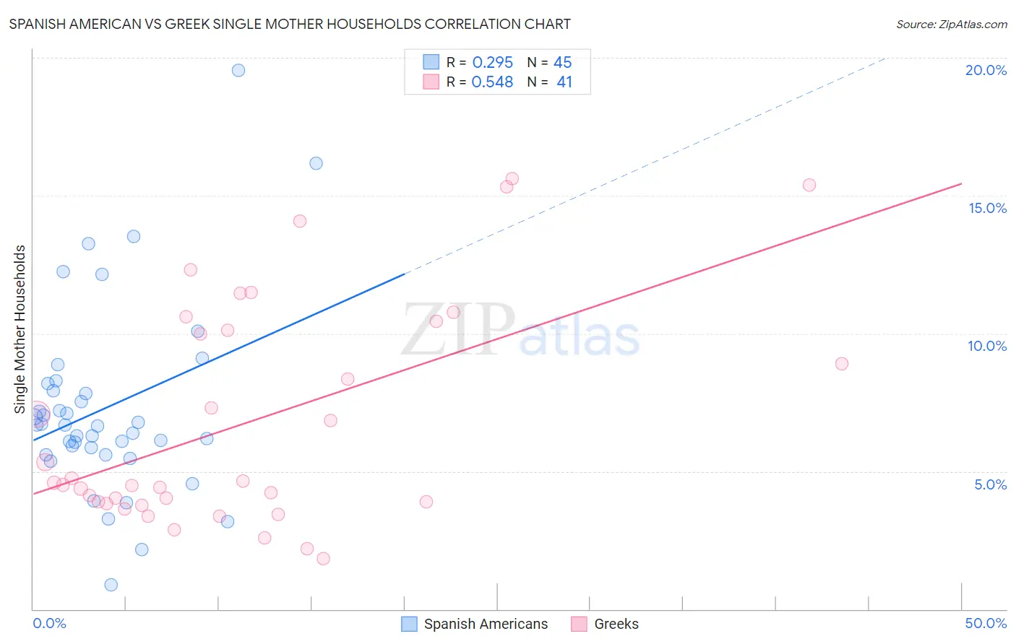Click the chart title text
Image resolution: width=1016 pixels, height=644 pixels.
point(290,24)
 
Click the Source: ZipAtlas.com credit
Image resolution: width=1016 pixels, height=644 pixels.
point(951,24)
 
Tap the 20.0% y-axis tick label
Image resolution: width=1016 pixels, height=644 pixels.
point(986,70)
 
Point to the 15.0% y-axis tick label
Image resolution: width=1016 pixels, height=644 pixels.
point(987,208)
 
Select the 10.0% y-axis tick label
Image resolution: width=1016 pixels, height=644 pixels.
point(987,346)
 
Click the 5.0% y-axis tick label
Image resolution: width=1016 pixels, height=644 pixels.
point(990,484)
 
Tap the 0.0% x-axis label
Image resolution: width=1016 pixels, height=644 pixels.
point(49,623)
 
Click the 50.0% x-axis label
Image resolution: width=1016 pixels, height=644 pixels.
point(986,623)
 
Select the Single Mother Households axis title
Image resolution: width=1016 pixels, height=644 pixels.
point(20,329)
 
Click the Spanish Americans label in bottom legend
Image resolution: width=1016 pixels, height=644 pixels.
point(486,624)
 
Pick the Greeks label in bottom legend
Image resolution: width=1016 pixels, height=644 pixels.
point(616,624)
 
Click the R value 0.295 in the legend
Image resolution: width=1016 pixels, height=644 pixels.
point(492,63)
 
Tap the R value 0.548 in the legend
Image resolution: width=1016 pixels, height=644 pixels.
point(492,82)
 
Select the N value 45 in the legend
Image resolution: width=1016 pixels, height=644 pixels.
point(562,63)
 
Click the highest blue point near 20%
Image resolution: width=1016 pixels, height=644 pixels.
point(238,70)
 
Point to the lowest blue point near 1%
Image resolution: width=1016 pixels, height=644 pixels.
point(111,585)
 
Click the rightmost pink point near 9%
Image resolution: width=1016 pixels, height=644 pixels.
point(841,364)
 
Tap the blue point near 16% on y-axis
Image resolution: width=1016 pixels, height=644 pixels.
point(316,163)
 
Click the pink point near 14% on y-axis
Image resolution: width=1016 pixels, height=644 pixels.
point(300,221)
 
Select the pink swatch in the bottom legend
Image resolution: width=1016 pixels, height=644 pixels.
point(579,624)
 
